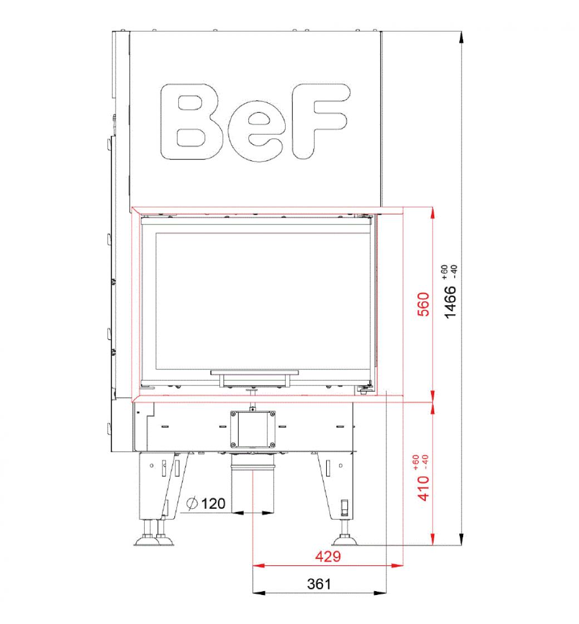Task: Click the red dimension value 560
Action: [424, 304]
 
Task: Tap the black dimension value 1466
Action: [450, 302]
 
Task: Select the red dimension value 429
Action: [328, 556]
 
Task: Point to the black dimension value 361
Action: [319, 584]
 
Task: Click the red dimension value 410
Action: [424, 488]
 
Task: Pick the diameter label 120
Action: [213, 504]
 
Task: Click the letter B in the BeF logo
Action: [192, 122]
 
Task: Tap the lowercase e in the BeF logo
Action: [257, 131]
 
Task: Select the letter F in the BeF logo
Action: [321, 121]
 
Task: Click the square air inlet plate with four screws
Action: [253, 430]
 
